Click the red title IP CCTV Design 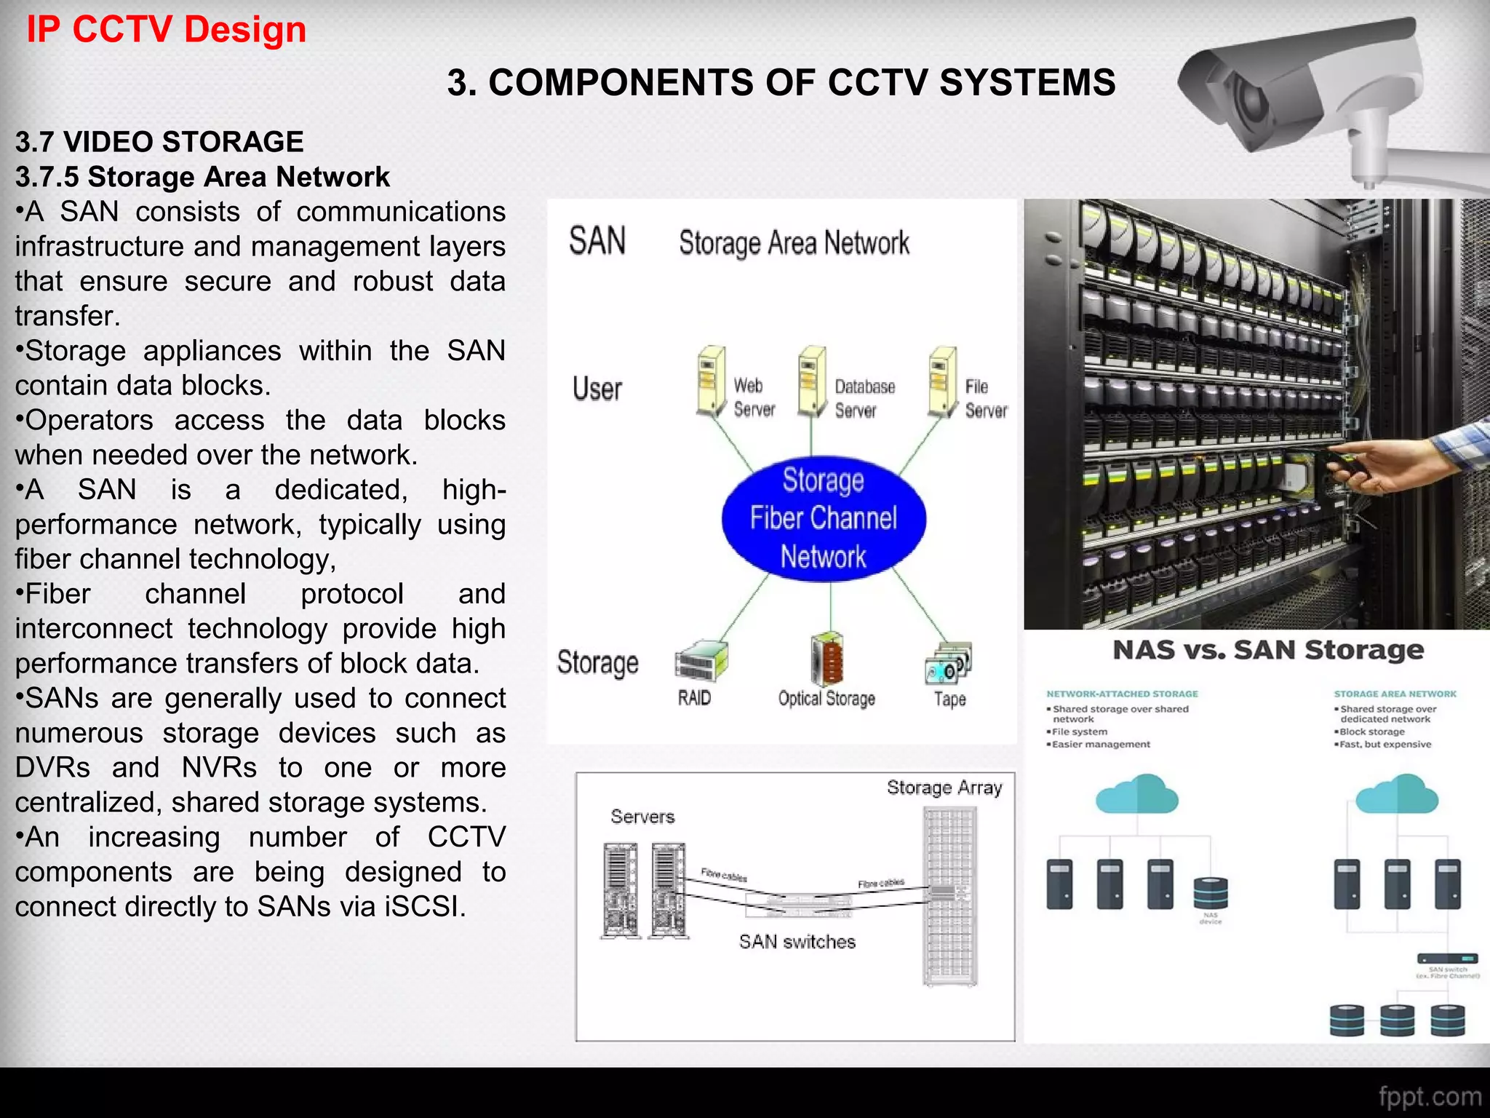tap(166, 30)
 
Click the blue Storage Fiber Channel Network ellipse tap(824, 518)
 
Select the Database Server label tap(864, 398)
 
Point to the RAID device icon tap(701, 660)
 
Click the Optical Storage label tap(826, 699)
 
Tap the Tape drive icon tap(948, 663)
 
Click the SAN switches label tap(797, 942)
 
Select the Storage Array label tap(944, 788)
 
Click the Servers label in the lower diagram tap(642, 817)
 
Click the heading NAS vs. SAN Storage tap(1268, 649)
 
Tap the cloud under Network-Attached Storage tap(1136, 795)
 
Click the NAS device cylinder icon tap(1211, 893)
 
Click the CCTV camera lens tap(1253, 103)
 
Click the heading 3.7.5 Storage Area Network tap(202, 177)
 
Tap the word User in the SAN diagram tap(597, 389)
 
